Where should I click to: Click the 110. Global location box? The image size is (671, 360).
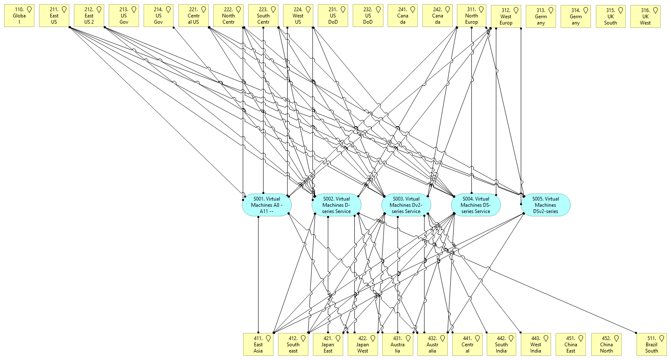coord(19,16)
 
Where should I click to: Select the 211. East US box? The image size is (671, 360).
coord(54,16)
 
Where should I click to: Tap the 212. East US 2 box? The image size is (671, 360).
coord(89,16)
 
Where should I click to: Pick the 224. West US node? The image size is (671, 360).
coord(298,16)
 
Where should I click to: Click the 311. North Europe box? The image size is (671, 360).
coord(471,16)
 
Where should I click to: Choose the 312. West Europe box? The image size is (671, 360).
coord(506,17)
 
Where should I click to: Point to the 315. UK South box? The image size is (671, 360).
coord(610,17)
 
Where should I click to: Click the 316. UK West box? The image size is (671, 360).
coord(645,17)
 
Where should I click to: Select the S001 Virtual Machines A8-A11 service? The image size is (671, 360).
coord(267,205)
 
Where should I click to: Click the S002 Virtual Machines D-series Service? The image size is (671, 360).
coord(337,205)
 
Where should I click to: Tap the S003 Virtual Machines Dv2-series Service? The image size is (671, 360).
coord(406,205)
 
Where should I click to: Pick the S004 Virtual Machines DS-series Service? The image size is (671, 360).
coord(476,205)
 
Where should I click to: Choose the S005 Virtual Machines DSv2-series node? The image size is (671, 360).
coord(546,205)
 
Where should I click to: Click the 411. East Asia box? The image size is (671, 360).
coord(258,345)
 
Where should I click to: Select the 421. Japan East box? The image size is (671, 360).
coord(328,345)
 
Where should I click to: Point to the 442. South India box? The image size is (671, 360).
coord(501,345)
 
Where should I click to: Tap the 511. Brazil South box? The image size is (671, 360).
coord(651,345)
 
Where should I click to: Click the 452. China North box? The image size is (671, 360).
coord(606,345)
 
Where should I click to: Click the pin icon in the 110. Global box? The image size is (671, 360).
coord(29,10)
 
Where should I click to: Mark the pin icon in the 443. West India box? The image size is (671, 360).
coord(546,338)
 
